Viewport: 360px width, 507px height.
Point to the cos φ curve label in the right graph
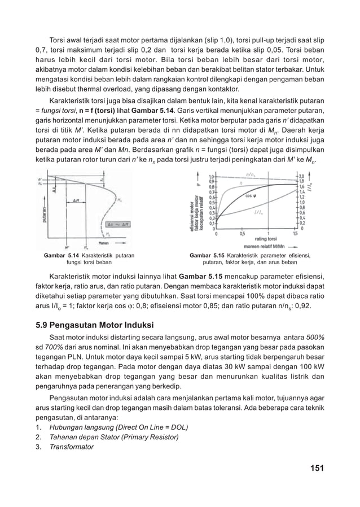click(249, 196)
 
